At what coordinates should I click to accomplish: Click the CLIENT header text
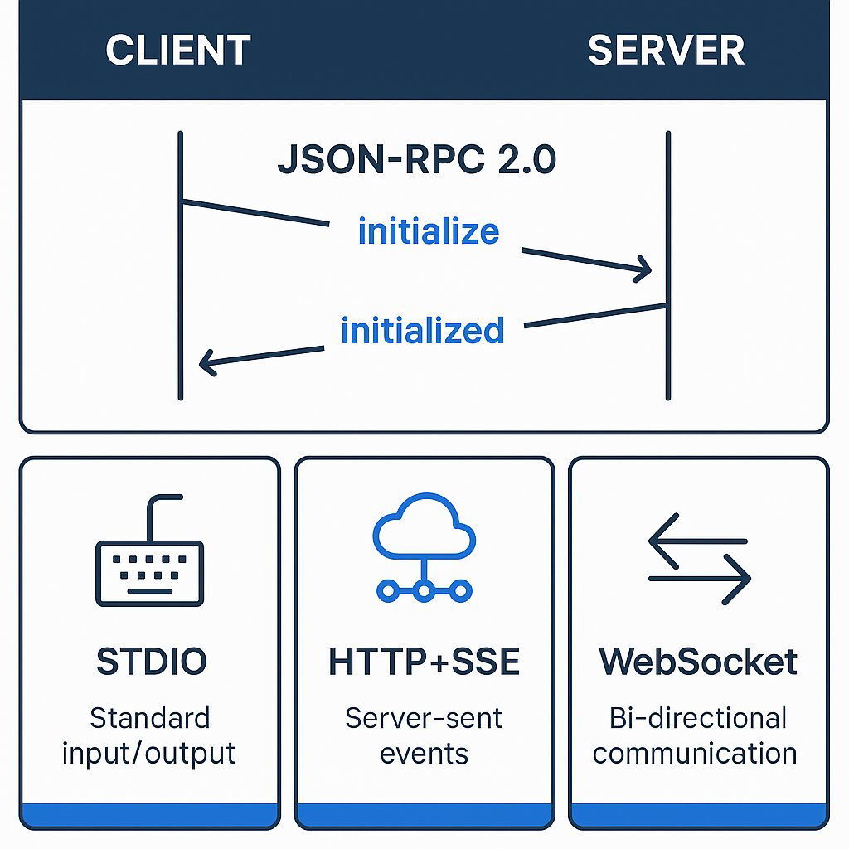coord(177,51)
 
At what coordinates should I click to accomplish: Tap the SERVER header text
coord(666,51)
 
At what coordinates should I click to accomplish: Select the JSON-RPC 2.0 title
coord(417,159)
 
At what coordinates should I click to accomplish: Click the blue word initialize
coord(429,231)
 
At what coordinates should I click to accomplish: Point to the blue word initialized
coord(422,331)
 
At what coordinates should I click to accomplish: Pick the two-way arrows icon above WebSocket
coord(698,558)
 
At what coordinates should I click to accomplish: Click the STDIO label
coord(152,662)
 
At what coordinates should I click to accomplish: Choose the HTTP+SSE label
coord(424,662)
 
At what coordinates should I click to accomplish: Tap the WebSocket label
coord(698,662)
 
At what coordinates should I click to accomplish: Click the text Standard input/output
coord(149,735)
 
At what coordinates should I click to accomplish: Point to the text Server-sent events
coord(424,735)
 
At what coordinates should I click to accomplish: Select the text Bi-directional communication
coord(696,735)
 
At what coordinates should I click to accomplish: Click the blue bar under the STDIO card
coord(150,814)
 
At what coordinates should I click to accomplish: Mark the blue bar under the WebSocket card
coord(698,814)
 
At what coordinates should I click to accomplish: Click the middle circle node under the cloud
coord(424,591)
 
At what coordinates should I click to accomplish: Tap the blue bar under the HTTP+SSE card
coord(424,814)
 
